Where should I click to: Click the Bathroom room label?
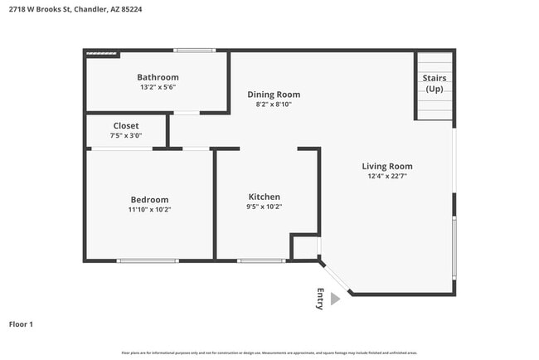(x=158, y=77)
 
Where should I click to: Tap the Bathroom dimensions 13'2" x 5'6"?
(x=158, y=87)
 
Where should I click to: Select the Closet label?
(x=126, y=125)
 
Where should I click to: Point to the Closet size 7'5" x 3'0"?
(x=126, y=135)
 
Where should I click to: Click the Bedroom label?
(x=149, y=199)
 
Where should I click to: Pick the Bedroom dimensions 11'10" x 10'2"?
(x=149, y=209)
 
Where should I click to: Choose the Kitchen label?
(x=263, y=197)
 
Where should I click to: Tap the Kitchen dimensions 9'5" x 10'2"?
(x=263, y=207)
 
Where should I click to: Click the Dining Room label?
(x=274, y=95)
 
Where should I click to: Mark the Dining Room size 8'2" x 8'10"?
(x=274, y=105)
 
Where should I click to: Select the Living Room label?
(x=387, y=166)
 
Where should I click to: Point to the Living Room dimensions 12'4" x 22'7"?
(x=387, y=176)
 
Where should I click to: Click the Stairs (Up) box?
(x=434, y=85)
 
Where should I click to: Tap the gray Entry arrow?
(x=335, y=299)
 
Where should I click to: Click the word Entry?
(x=320, y=299)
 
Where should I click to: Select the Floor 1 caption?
(x=21, y=324)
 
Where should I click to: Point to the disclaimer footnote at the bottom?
(x=269, y=353)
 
